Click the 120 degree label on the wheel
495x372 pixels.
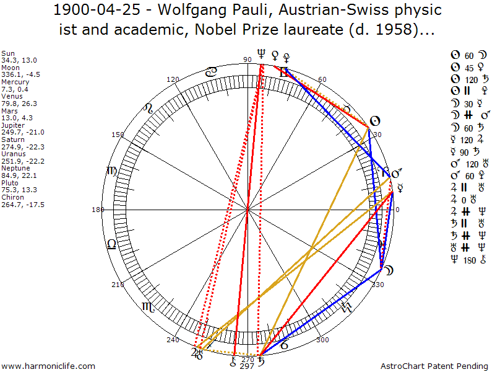coord(173,79)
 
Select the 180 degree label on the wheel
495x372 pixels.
coord(97,210)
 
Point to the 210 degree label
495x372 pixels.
coord(118,285)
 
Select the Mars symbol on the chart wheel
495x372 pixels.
coord(397,173)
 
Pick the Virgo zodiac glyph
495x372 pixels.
coord(112,171)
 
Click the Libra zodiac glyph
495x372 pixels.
coord(111,244)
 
